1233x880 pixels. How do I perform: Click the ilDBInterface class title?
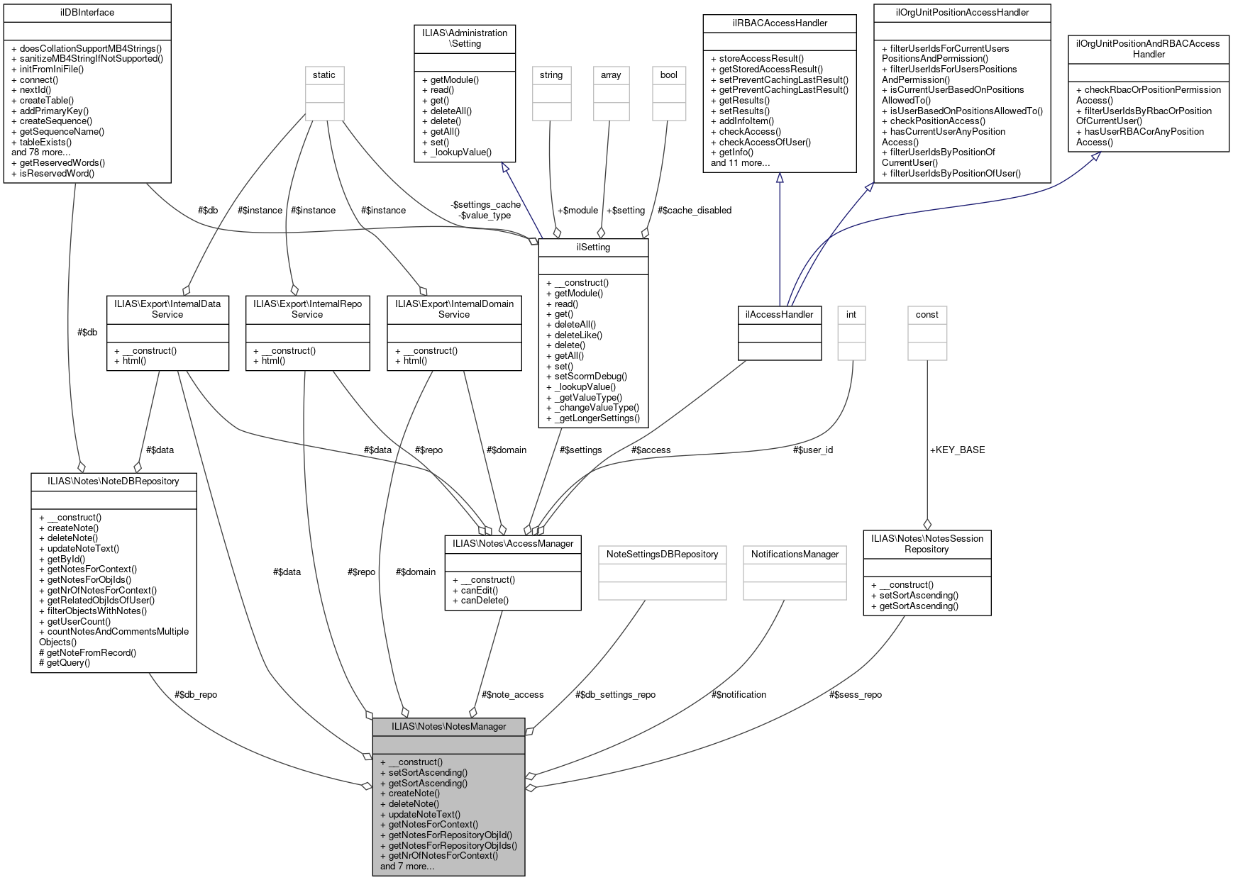point(87,13)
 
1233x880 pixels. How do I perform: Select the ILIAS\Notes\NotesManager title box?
point(448,726)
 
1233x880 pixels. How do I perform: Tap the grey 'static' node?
point(324,75)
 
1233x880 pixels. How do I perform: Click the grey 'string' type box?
point(551,75)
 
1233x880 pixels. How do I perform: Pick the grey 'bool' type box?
point(668,75)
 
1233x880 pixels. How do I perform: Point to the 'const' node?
point(927,315)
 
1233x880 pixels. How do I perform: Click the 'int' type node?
point(851,315)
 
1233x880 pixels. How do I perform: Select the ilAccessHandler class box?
point(779,315)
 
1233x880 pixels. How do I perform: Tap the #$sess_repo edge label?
point(855,694)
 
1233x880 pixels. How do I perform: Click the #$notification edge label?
point(739,694)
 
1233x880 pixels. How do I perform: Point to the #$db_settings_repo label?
point(615,694)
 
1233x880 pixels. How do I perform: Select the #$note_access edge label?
point(512,694)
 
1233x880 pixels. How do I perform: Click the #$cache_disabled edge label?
point(694,210)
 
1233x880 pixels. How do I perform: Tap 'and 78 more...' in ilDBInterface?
point(41,152)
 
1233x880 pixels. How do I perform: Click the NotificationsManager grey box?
point(795,555)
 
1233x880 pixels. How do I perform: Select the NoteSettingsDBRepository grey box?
point(662,555)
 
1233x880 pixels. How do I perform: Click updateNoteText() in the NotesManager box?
point(424,814)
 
